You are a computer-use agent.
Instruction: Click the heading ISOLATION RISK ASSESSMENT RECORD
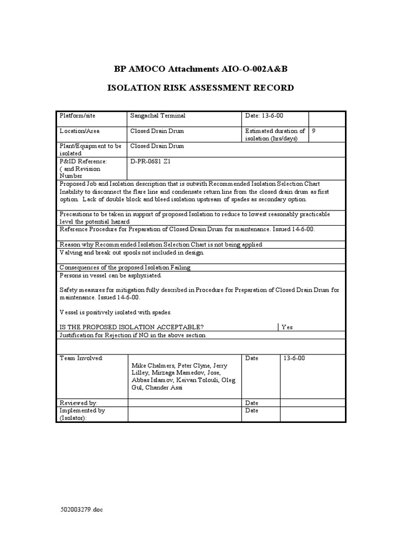[200, 87]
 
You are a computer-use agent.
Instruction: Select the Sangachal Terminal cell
[158, 116]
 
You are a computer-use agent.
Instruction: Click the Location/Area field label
[80, 131]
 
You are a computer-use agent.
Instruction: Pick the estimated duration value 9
[314, 131]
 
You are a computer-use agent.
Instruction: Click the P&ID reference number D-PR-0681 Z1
[150, 162]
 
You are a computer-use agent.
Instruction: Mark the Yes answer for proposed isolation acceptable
[287, 327]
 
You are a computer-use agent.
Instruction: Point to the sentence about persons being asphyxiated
[111, 275]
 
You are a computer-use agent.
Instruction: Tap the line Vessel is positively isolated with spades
[116, 312]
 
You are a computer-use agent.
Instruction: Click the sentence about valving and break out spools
[132, 252]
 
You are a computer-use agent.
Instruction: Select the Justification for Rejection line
[132, 335]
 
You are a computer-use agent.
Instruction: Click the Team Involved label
[82, 358]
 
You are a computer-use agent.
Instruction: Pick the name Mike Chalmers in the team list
[150, 365]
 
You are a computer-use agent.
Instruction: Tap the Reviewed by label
[79, 403]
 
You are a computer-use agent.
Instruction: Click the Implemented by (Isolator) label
[82, 414]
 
